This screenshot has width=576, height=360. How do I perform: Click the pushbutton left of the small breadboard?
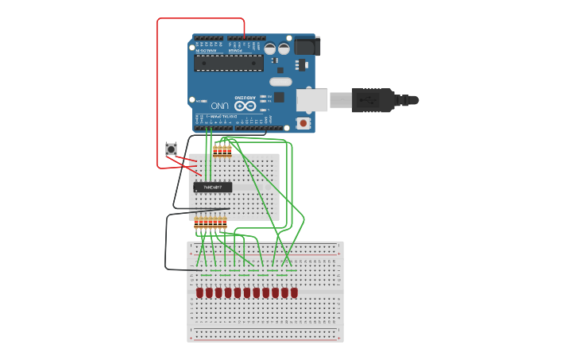171,149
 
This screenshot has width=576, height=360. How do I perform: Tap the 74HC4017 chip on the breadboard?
213,188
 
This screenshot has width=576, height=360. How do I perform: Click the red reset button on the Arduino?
303,123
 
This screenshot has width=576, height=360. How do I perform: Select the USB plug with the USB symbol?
373,100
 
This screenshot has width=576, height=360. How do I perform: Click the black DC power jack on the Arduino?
306,46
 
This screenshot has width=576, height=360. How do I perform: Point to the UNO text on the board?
220,105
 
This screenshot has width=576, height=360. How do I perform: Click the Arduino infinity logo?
245,105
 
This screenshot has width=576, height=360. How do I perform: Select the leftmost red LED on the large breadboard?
199,292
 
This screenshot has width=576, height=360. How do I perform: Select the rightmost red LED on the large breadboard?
294,292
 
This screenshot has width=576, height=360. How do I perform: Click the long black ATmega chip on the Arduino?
229,63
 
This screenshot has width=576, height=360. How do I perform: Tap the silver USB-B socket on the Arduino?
312,100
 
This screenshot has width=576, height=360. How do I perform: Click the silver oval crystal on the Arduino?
280,81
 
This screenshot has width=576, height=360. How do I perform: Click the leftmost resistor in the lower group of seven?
197,224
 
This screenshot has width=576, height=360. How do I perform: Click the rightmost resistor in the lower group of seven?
225,224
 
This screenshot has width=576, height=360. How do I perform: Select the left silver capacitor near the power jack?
271,48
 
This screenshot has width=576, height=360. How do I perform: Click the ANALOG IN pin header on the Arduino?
208,38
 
